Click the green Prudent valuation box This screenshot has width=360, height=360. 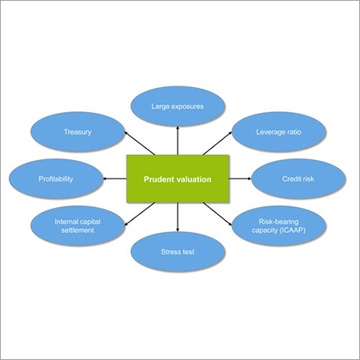(178, 179)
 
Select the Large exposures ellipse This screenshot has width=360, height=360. (178, 106)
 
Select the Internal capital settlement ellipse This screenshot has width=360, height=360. (78, 226)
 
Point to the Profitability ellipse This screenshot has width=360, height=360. (56, 179)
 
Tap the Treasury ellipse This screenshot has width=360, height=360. (78, 130)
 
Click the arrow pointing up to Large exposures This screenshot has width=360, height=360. (178, 141)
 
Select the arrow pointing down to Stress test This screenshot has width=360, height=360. (178, 218)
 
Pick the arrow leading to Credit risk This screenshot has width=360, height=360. (240, 179)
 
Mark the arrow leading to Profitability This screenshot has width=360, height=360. (114, 179)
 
